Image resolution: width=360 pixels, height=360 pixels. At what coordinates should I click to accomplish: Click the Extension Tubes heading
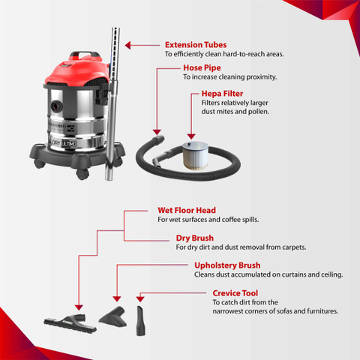click(x=196, y=45)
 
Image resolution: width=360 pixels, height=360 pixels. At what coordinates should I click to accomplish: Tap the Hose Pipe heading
click(x=202, y=67)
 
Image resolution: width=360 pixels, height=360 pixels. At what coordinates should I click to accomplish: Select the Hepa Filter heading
click(x=222, y=94)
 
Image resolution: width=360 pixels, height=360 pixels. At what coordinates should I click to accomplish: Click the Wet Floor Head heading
click(x=187, y=210)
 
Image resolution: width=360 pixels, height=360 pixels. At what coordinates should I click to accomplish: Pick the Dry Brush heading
click(x=195, y=238)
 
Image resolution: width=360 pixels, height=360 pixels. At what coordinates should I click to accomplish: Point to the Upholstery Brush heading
click(x=227, y=265)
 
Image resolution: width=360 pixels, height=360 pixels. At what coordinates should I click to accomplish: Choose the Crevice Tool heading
click(x=235, y=293)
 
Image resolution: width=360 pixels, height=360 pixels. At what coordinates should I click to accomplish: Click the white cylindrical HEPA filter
click(x=195, y=155)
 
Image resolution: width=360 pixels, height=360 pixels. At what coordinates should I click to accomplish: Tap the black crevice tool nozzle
click(x=141, y=321)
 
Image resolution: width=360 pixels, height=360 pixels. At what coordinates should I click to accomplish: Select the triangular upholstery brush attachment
click(x=114, y=317)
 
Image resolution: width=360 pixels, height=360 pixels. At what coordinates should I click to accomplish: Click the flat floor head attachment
click(x=70, y=322)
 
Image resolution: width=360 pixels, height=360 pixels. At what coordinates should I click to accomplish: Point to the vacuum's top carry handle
click(x=84, y=55)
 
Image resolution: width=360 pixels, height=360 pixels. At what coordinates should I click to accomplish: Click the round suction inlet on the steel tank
click(x=57, y=106)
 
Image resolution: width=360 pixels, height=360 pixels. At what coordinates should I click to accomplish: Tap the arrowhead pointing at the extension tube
click(x=127, y=45)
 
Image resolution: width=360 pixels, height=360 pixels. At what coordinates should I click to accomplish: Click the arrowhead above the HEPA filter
click(x=191, y=136)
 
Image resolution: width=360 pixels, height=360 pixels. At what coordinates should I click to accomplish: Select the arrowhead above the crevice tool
click(x=140, y=299)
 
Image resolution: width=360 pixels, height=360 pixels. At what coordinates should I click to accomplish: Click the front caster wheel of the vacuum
click(x=82, y=174)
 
